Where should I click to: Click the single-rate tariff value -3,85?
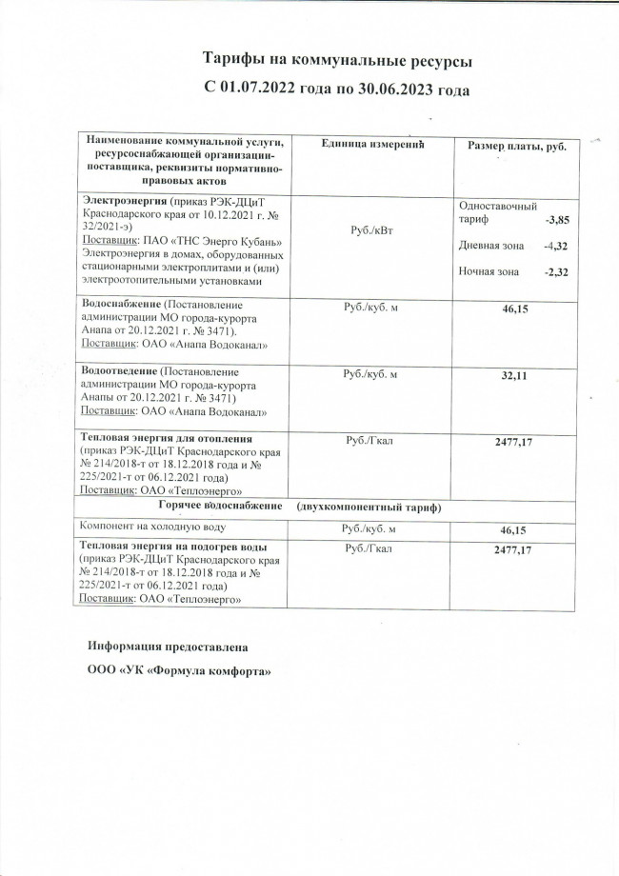point(556,220)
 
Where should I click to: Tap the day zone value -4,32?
point(555,247)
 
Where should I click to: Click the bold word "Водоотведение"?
point(120,371)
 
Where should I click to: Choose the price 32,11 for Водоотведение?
point(515,377)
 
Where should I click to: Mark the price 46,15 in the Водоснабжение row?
point(515,310)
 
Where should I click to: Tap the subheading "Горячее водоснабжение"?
point(221,507)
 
